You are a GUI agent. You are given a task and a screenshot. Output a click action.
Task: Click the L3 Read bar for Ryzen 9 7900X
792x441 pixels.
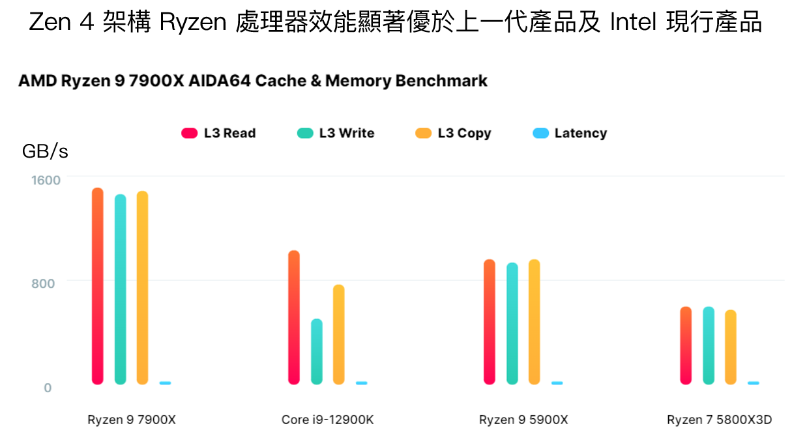pos(98,286)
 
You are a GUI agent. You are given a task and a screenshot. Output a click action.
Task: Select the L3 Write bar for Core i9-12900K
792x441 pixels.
pos(317,352)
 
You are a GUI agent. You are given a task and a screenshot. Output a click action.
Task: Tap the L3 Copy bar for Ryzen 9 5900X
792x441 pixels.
pos(535,322)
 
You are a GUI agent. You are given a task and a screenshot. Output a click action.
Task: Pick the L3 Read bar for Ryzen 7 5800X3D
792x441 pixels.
pos(686,345)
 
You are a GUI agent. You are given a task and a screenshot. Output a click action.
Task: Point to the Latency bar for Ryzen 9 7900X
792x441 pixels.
pos(165,383)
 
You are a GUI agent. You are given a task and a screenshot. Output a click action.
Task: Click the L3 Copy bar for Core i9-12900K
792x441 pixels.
pos(338,334)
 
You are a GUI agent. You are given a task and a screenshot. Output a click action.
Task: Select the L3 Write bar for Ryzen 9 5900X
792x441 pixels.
pos(512,323)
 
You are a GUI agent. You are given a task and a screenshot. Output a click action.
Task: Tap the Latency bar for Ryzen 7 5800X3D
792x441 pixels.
pos(754,383)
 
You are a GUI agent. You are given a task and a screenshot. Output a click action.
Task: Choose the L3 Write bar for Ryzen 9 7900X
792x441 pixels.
pos(121,289)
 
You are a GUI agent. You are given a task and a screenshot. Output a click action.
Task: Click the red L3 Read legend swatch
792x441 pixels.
pos(189,134)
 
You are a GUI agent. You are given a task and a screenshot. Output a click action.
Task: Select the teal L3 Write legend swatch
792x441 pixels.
pos(305,134)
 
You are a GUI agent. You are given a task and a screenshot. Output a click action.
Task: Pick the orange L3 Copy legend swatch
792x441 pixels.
pos(424,134)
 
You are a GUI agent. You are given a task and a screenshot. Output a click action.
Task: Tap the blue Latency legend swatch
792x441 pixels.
pos(540,134)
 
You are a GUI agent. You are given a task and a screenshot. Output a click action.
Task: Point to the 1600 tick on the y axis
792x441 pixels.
pos(47,179)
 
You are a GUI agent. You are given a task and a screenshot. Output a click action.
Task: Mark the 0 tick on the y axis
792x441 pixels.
pos(48,388)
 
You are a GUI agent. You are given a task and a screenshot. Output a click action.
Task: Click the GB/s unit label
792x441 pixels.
pos(45,152)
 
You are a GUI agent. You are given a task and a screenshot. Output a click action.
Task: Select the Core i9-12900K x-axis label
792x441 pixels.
pos(327,420)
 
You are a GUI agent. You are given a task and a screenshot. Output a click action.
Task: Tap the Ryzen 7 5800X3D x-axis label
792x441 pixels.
pos(719,420)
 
